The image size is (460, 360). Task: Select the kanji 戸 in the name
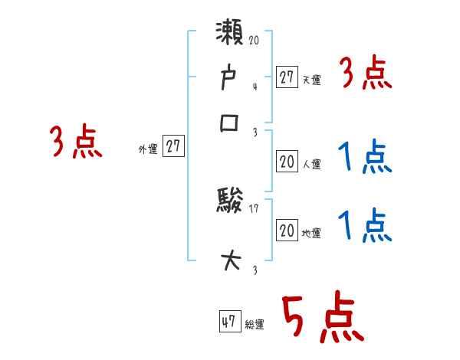click(231, 80)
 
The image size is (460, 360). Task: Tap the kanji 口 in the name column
click(231, 123)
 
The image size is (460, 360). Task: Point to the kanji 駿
click(231, 203)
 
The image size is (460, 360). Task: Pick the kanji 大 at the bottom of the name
click(231, 260)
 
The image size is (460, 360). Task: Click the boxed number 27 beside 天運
click(287, 77)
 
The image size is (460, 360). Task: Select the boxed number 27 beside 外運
click(173, 147)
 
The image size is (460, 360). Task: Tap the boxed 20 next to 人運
click(287, 161)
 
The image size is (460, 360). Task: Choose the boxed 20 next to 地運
click(287, 231)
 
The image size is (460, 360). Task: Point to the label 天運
click(311, 80)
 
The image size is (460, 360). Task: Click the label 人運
click(311, 164)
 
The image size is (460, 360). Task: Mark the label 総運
click(254, 325)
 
